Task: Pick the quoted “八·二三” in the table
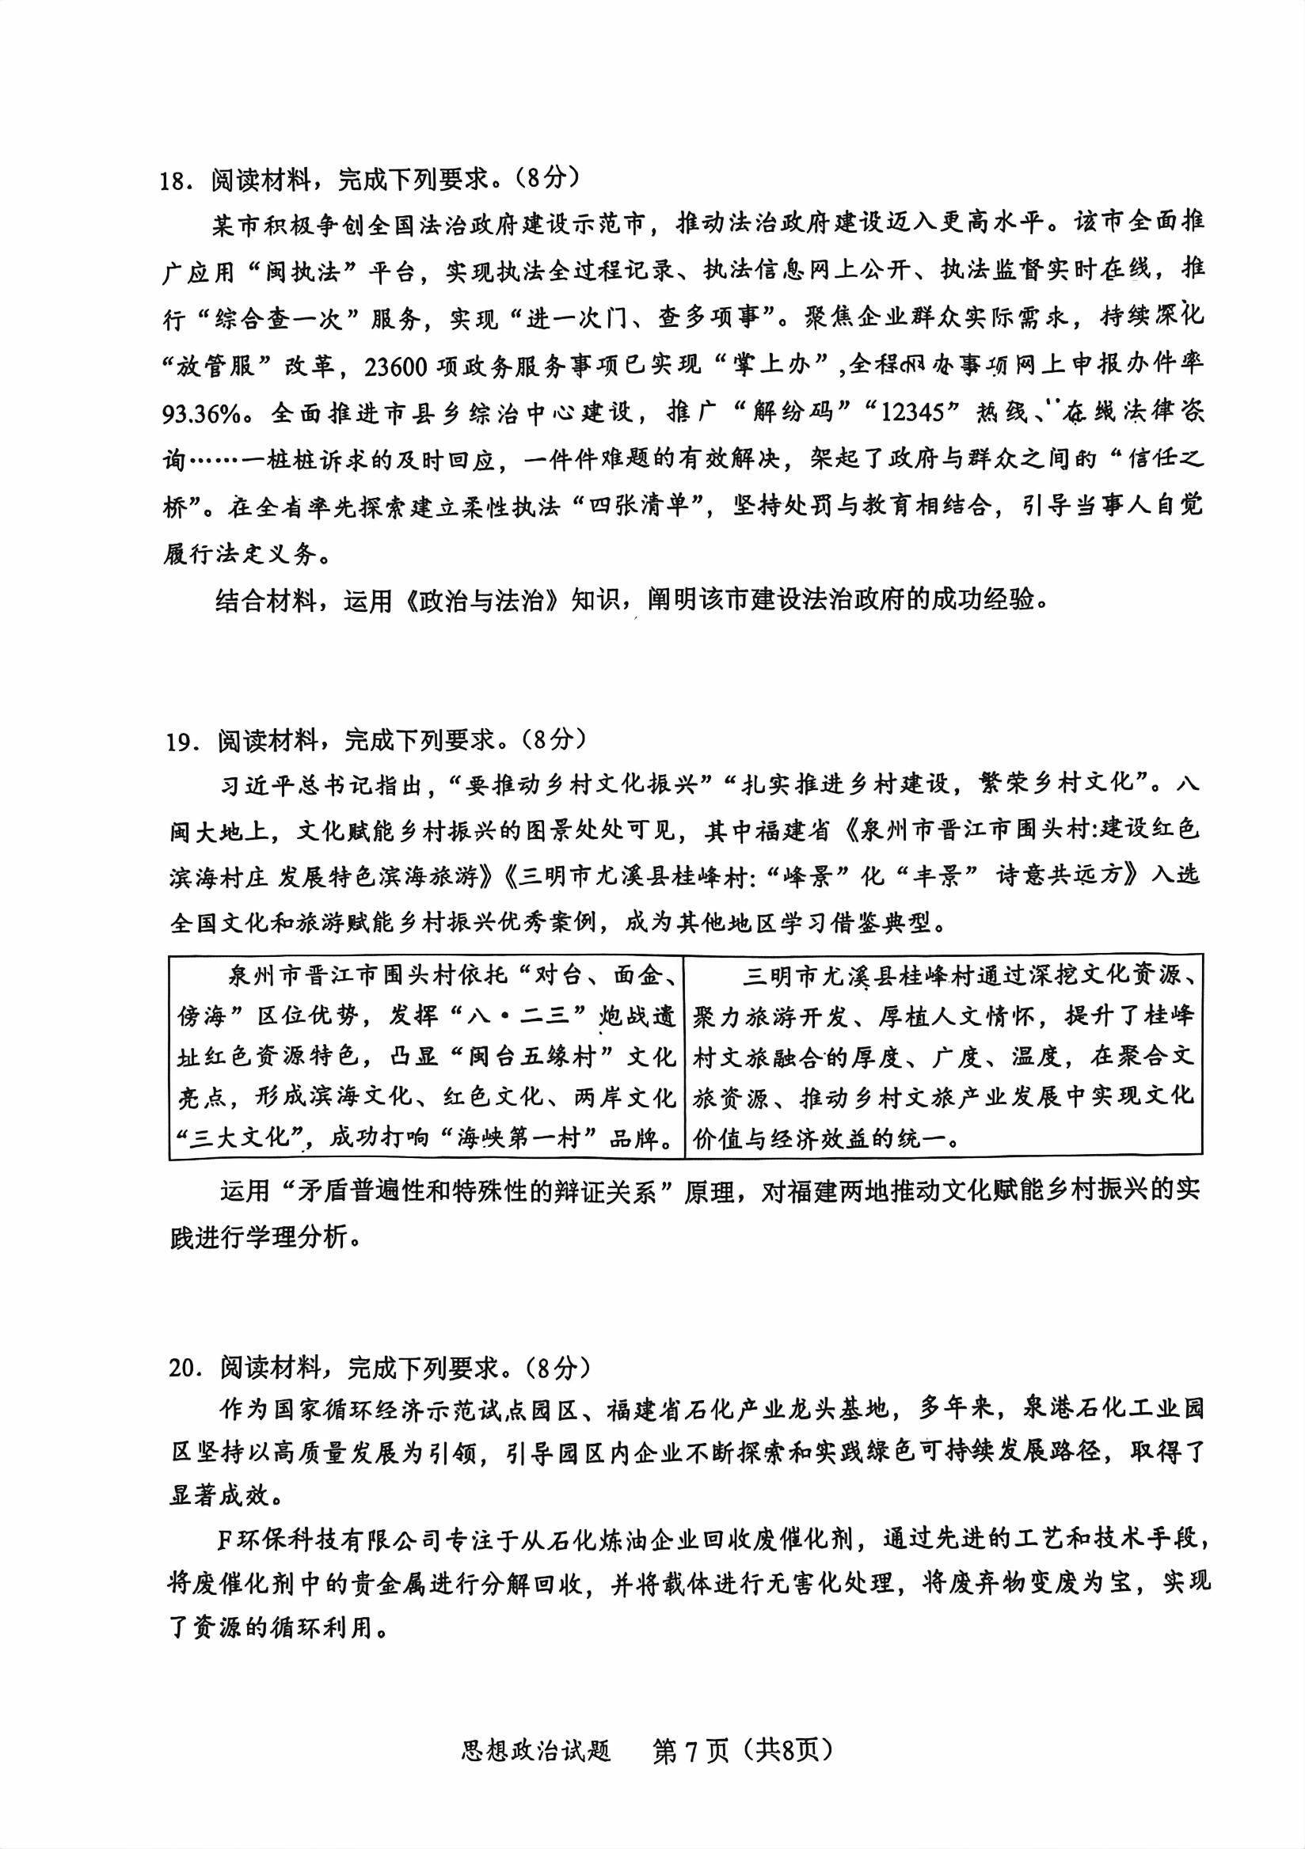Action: (530, 1016)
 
